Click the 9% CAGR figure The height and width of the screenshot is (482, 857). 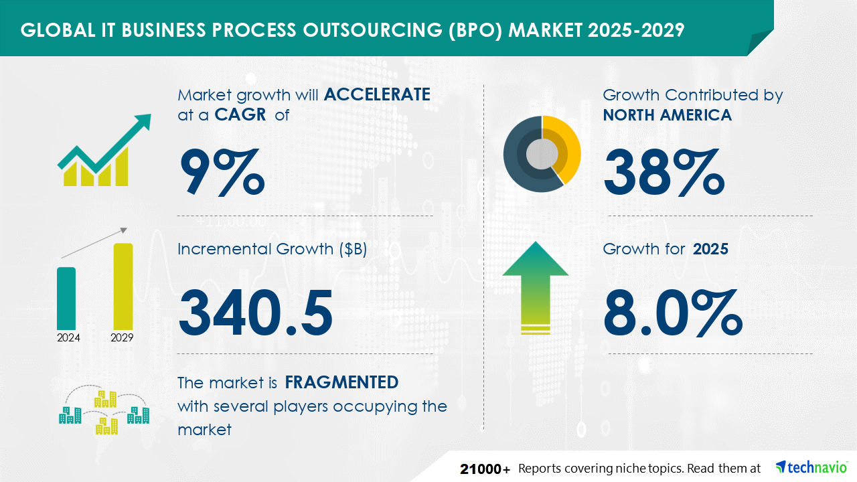tap(222, 172)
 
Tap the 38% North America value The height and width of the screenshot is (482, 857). tap(664, 172)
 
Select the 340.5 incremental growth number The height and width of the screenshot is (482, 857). tap(255, 313)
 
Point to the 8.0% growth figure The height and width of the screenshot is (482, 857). tap(673, 313)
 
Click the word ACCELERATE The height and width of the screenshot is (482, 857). tap(377, 94)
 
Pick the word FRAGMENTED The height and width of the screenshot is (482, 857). tap(341, 382)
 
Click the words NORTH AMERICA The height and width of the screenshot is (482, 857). tap(668, 114)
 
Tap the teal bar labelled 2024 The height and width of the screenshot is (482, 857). tap(66, 299)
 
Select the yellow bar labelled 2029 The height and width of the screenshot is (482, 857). tap(123, 287)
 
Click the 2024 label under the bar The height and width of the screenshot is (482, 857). tap(68, 337)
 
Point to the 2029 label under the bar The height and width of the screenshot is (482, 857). tap(122, 337)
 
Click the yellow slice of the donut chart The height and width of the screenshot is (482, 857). tap(567, 145)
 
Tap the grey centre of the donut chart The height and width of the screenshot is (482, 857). tap(542, 154)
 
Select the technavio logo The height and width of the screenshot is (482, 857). tap(811, 467)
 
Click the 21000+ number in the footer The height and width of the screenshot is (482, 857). tap(485, 469)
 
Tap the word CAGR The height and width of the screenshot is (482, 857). tap(240, 114)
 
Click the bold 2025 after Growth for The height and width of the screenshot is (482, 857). tap(710, 249)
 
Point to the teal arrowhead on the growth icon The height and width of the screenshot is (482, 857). tap(141, 121)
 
